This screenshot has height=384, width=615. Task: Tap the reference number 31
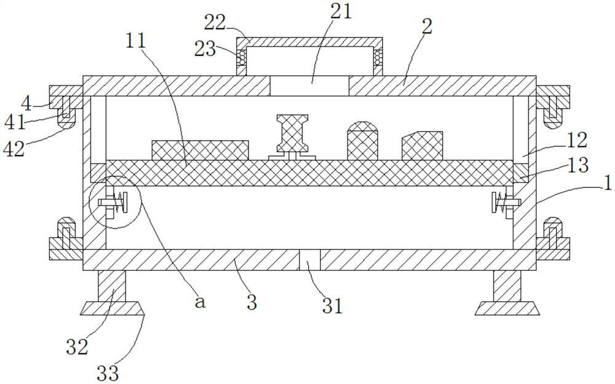pos(332,305)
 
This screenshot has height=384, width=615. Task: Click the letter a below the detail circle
pos(199,302)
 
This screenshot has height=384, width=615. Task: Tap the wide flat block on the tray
pos(200,151)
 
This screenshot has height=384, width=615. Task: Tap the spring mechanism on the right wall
pos(502,202)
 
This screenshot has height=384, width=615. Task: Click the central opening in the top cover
pos(309,85)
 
